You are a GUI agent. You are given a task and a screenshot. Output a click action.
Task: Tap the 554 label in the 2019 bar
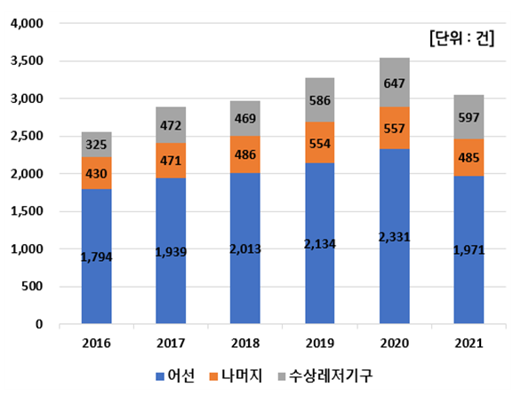[x=319, y=143]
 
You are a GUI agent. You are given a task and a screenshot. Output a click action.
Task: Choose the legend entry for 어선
[x=171, y=375]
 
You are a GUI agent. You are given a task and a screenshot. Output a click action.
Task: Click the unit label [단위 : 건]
[x=460, y=38]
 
